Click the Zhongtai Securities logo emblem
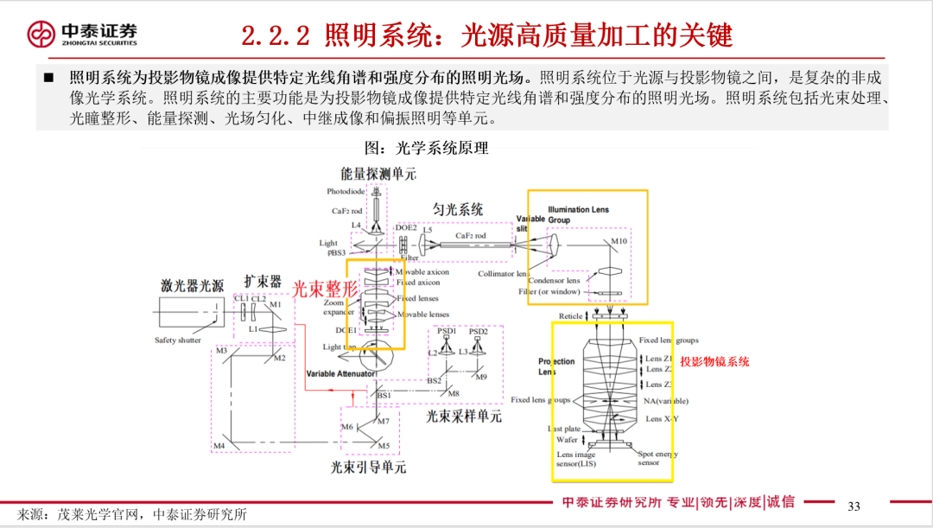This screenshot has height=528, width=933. click(x=41, y=34)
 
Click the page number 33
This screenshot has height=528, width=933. click(x=854, y=506)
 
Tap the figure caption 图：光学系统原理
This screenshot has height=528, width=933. click(x=428, y=148)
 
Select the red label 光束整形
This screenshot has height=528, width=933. click(x=323, y=289)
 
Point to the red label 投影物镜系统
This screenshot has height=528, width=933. click(x=714, y=362)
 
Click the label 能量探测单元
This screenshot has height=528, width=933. click(x=378, y=174)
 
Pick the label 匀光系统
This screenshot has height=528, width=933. click(x=458, y=209)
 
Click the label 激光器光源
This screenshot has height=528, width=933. click(x=192, y=284)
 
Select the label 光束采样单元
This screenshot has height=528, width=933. click(x=463, y=417)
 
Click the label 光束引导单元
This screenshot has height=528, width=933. click(x=368, y=468)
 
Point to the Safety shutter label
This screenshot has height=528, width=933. click(x=177, y=340)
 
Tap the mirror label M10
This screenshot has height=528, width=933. click(x=619, y=241)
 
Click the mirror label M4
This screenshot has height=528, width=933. click(x=219, y=446)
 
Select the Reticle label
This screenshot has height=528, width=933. click(x=571, y=316)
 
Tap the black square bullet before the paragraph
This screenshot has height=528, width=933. click(x=48, y=78)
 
